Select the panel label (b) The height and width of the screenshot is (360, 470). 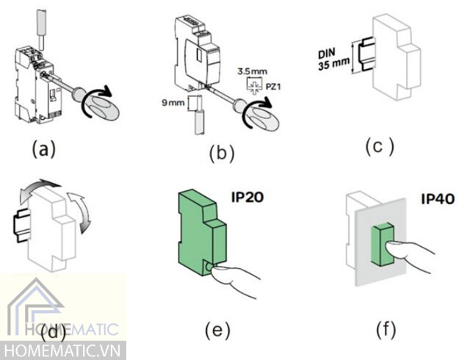(221, 154)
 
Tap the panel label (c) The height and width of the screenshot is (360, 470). (379, 146)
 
